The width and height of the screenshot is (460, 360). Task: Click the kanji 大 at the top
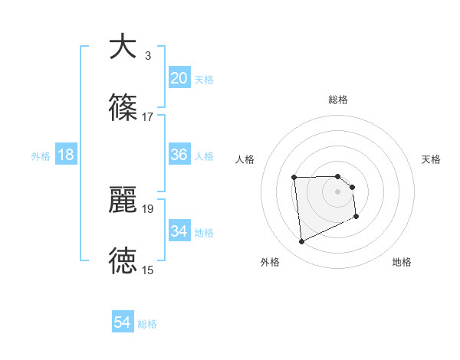pyautogui.click(x=123, y=47)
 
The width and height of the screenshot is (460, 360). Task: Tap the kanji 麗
pyautogui.click(x=123, y=200)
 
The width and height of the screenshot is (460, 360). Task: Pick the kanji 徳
pyautogui.click(x=123, y=261)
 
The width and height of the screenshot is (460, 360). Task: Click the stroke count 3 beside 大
pyautogui.click(x=148, y=55)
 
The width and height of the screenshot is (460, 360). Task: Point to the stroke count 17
pyautogui.click(x=148, y=116)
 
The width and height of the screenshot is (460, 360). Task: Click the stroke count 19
pyautogui.click(x=148, y=208)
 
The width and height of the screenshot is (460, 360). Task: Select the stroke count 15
pyautogui.click(x=148, y=270)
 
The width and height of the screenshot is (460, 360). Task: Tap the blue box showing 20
pyautogui.click(x=179, y=78)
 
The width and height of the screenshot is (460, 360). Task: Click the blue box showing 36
pyautogui.click(x=179, y=155)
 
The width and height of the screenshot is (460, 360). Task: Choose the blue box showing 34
pyautogui.click(x=179, y=231)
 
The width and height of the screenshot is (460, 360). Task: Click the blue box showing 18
pyautogui.click(x=65, y=155)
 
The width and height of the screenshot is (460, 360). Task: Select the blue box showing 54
pyautogui.click(x=123, y=323)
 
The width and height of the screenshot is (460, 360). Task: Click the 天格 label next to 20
pyautogui.click(x=204, y=80)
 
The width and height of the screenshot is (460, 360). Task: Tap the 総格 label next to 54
pyautogui.click(x=147, y=325)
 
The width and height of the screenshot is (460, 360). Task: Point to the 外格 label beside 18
pyautogui.click(x=41, y=156)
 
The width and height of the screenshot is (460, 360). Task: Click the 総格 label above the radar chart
pyautogui.click(x=338, y=100)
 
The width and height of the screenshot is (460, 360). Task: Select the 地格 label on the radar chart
pyautogui.click(x=402, y=262)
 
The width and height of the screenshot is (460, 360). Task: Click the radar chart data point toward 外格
pyautogui.click(x=301, y=242)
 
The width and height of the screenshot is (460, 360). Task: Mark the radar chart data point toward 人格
pyautogui.click(x=294, y=178)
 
